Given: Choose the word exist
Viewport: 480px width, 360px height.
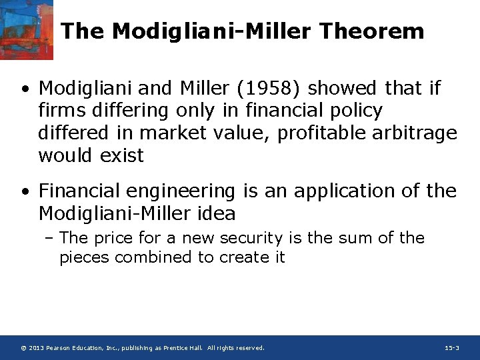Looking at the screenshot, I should click(121, 156).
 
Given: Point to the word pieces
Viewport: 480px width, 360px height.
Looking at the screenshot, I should click(84, 257).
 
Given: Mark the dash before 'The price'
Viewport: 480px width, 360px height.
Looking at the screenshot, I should click(51, 238).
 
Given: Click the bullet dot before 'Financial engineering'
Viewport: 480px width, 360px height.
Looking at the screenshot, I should click(25, 192).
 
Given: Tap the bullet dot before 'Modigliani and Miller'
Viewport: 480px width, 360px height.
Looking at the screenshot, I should click(25, 89).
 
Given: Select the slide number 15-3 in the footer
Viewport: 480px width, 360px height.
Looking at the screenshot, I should click(451, 348).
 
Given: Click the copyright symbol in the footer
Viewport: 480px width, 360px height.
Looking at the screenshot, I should click(23, 348).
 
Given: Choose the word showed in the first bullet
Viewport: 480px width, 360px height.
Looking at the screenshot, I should click(341, 88).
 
